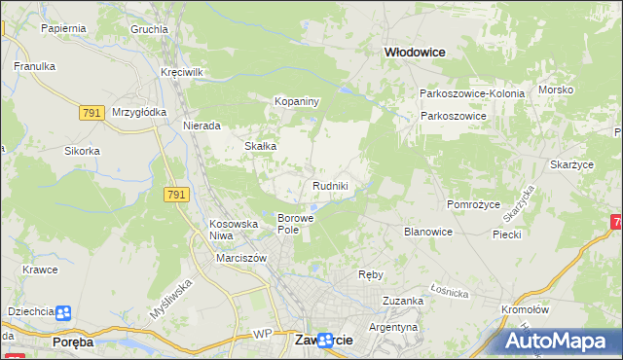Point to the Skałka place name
pyautogui.click(x=261, y=146)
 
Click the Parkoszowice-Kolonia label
pyautogui.click(x=472, y=93)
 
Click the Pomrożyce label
pyautogui.click(x=473, y=204)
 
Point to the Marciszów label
pyautogui.click(x=242, y=258)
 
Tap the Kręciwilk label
pyautogui.click(x=182, y=73)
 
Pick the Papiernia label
pyautogui.click(x=63, y=28)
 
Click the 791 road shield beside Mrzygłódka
pyautogui.click(x=92, y=113)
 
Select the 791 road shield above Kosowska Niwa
pyautogui.click(x=176, y=196)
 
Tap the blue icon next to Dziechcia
pyautogui.click(x=63, y=312)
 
